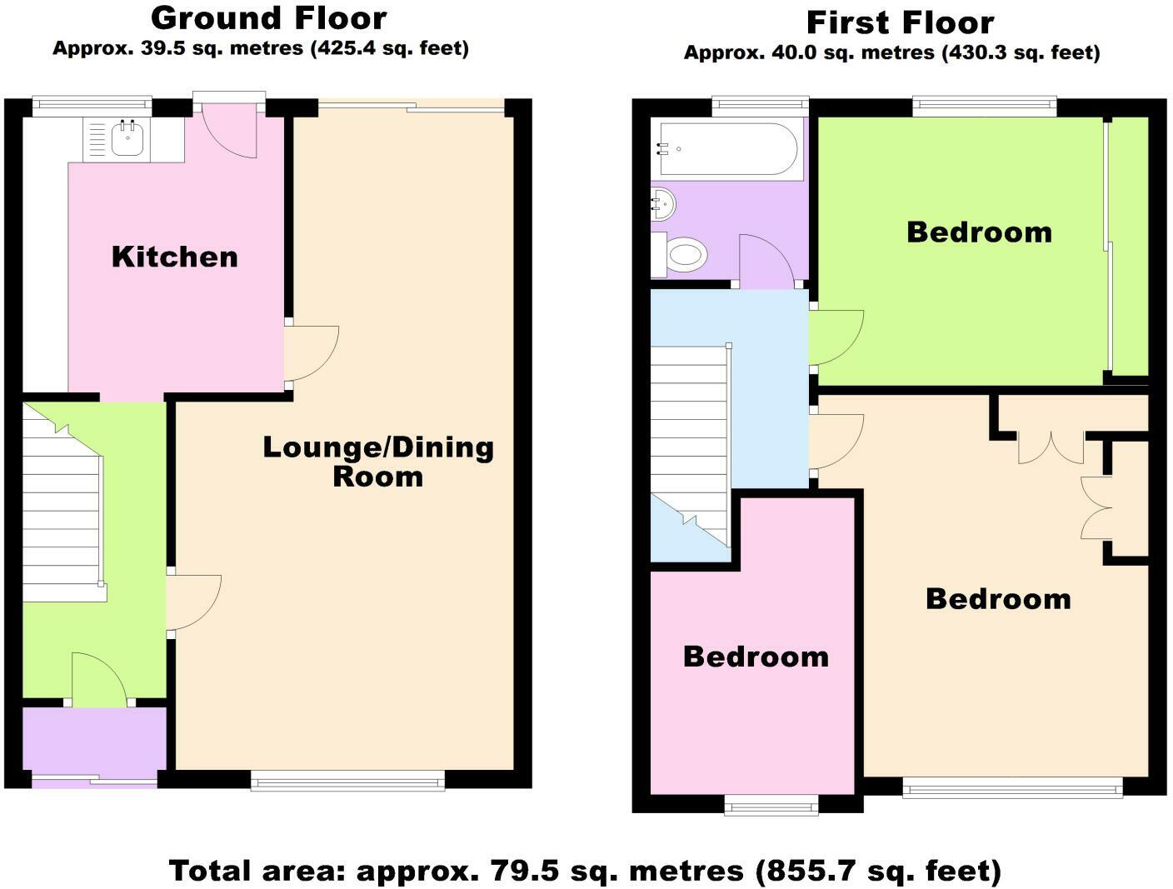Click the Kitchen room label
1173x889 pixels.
click(175, 257)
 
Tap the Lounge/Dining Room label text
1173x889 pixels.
click(378, 462)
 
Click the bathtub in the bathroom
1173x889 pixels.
click(730, 149)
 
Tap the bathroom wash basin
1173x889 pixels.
click(663, 203)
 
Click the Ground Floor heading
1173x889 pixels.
click(269, 18)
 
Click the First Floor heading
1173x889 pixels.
click(900, 23)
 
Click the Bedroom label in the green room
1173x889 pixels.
click(979, 232)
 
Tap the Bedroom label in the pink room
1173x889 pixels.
click(756, 657)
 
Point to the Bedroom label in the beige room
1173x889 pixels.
click(998, 599)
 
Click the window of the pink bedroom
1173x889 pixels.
click(771, 805)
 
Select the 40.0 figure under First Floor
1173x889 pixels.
click(792, 52)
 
